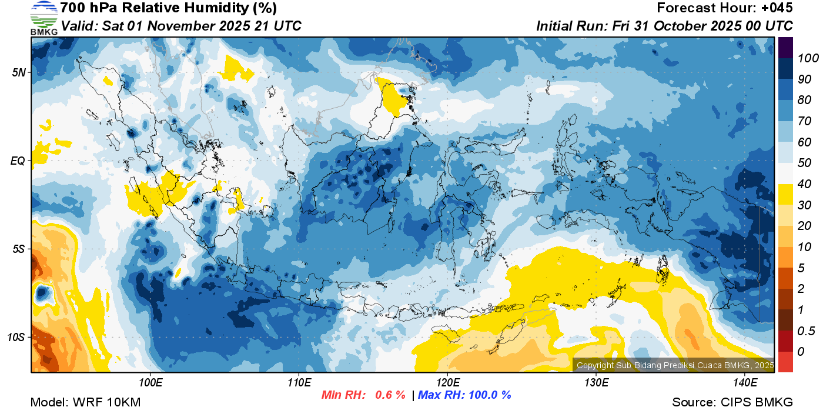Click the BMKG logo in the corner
coord(44,18)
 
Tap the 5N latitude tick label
coord(19,73)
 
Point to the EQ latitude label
coord(19,161)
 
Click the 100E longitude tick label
coord(150,383)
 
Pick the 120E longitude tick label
coord(447,383)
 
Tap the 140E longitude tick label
coord(745,383)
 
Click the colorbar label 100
coord(804,58)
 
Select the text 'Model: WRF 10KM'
coord(85,402)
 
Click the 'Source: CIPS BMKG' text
coord(732,402)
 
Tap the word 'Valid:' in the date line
coord(79,26)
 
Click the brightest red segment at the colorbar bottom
coord(785,362)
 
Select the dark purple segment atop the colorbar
coord(785,47)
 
